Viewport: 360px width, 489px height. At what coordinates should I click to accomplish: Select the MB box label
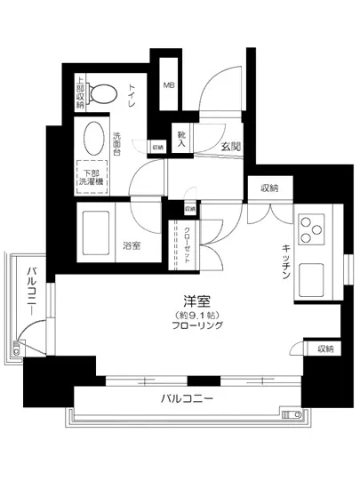tap(168, 85)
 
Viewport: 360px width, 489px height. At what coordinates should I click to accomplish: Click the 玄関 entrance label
tap(221, 146)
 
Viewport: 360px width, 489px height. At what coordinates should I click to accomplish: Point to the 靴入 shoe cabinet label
tap(180, 138)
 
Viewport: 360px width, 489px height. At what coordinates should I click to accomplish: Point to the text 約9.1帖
tap(185, 316)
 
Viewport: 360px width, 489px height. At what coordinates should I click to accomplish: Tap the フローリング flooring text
tap(185, 327)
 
